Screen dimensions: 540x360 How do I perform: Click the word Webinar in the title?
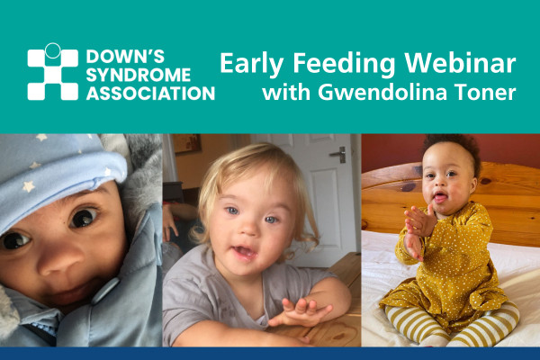pos(460,63)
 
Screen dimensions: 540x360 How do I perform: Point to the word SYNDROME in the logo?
pos(138,75)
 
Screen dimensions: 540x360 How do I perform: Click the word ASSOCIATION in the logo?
pos(150,94)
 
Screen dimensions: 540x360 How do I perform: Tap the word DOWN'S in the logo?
pos(125,57)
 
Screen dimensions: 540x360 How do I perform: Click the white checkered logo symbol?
pos(53,72)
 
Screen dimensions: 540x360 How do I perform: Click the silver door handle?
pos(339,154)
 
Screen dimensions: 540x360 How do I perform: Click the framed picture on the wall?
pos(186,143)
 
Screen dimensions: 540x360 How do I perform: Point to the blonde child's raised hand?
pos(301,311)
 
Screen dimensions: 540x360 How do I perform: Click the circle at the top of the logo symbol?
pos(53,50)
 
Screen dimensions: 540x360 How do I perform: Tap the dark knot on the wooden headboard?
pos(409,187)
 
